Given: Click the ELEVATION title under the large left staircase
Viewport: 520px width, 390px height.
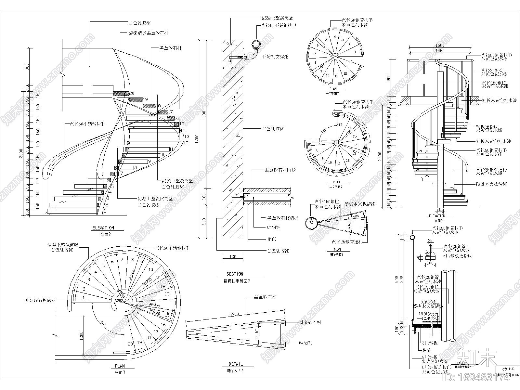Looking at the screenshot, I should tap(103, 228).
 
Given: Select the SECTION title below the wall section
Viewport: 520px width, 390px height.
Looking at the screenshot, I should tap(235, 274).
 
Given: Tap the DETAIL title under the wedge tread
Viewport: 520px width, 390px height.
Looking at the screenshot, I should tap(235, 364).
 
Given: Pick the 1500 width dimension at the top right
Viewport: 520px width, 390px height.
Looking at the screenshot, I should tap(440, 45).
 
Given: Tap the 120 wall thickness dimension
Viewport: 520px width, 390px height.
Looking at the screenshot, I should tap(233, 256).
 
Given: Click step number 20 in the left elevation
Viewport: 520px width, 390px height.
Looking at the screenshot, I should tap(132, 93).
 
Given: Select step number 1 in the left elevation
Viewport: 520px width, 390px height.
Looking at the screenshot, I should tap(105, 211).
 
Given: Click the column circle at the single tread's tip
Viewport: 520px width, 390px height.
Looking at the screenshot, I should tap(311, 223).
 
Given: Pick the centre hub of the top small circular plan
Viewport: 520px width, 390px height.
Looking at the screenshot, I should tap(334, 56).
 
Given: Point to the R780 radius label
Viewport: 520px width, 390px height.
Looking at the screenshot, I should tap(119, 301).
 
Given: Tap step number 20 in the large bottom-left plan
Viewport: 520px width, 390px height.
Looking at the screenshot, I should tap(131, 344).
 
